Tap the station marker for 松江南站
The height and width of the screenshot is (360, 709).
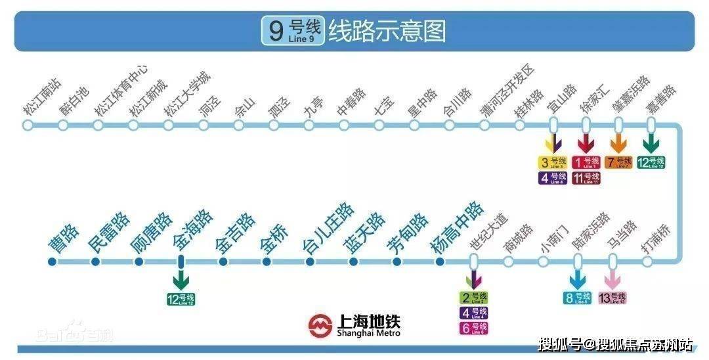(x=28, y=125)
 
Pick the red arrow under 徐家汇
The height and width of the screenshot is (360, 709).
(x=586, y=143)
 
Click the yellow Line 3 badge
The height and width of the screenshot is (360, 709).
(x=552, y=162)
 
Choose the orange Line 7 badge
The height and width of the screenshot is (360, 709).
(x=618, y=162)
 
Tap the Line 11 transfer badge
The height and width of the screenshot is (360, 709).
(x=586, y=177)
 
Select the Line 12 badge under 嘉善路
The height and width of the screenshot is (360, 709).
(x=651, y=162)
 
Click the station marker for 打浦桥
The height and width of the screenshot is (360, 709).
(x=647, y=261)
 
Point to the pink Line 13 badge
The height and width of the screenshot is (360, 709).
(x=612, y=298)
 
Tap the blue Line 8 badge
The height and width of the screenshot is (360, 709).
(x=578, y=298)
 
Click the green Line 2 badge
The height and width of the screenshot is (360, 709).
(x=473, y=298)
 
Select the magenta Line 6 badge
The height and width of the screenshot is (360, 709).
(x=473, y=328)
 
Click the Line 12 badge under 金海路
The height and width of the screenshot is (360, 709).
(x=181, y=299)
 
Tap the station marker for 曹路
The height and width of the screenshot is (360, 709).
(x=53, y=261)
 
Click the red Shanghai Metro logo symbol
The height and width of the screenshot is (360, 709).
(x=320, y=325)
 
